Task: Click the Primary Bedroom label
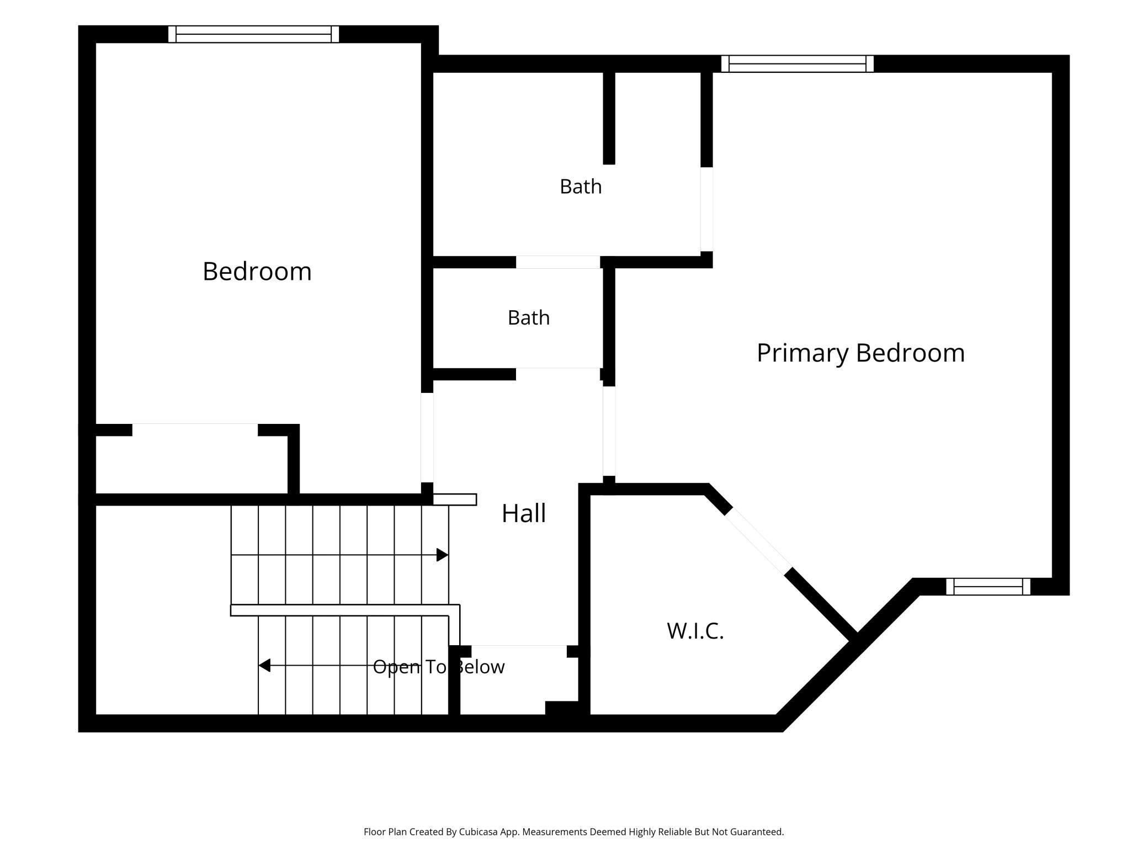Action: (x=860, y=353)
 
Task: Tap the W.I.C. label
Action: (x=695, y=631)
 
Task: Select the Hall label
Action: (x=524, y=513)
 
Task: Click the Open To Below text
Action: (x=439, y=667)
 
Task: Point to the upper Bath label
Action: (x=581, y=187)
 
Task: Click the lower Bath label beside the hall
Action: (x=529, y=318)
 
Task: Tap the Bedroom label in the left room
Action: (x=257, y=272)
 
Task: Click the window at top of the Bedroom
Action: (x=253, y=34)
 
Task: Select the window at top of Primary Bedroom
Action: (x=798, y=63)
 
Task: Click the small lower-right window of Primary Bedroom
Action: (x=988, y=586)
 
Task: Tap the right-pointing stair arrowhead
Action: (x=442, y=555)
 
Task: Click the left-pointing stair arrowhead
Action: (x=264, y=665)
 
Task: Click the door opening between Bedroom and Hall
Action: (x=427, y=437)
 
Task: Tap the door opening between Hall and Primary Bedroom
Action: (x=609, y=431)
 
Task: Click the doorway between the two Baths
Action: (x=558, y=262)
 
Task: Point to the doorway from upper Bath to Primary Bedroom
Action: (x=706, y=209)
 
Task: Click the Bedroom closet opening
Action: (x=195, y=430)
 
